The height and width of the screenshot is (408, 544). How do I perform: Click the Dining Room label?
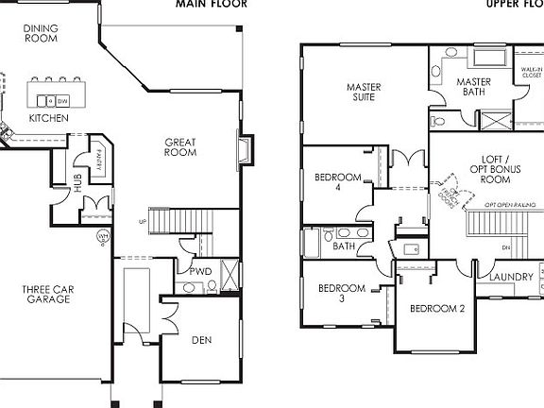pyautogui.click(x=41, y=35)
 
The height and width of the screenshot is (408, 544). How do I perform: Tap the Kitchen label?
pyautogui.click(x=47, y=118)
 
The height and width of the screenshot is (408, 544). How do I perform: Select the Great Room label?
pyautogui.click(x=179, y=147)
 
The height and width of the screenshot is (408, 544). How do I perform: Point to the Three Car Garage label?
pyautogui.click(x=48, y=294)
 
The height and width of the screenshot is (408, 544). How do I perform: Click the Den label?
pyautogui.click(x=201, y=340)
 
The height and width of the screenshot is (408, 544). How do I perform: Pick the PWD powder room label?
pyautogui.click(x=199, y=271)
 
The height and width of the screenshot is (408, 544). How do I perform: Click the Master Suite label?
pyautogui.click(x=363, y=93)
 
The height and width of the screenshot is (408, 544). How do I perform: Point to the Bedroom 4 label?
pyautogui.click(x=337, y=181)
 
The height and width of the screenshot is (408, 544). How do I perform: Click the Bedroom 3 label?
pyautogui.click(x=340, y=293)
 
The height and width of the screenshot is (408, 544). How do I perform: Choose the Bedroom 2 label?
pyautogui.click(x=437, y=309)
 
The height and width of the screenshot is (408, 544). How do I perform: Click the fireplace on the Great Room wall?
pyautogui.click(x=245, y=151)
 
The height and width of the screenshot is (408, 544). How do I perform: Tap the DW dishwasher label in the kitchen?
pyautogui.click(x=61, y=100)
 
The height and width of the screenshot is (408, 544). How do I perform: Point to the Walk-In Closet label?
pyautogui.click(x=529, y=73)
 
